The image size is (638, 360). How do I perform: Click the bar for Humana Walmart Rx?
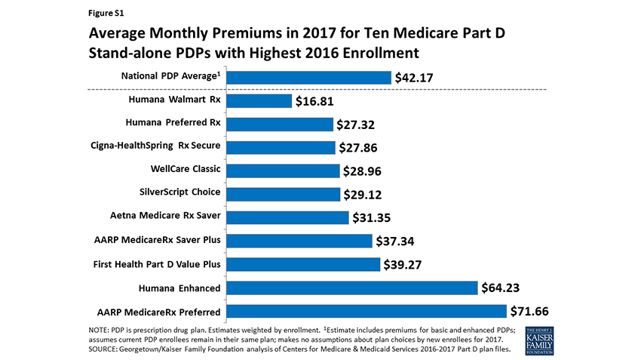(259, 101)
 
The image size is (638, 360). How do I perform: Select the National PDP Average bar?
(308, 77)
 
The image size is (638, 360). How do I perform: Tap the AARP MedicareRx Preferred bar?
(366, 311)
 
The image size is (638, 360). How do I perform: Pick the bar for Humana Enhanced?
(351, 288)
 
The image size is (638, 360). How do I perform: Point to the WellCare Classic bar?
(283, 171)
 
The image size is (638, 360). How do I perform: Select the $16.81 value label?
(315, 101)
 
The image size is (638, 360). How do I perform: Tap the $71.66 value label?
(530, 311)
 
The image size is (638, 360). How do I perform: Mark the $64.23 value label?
(502, 288)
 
